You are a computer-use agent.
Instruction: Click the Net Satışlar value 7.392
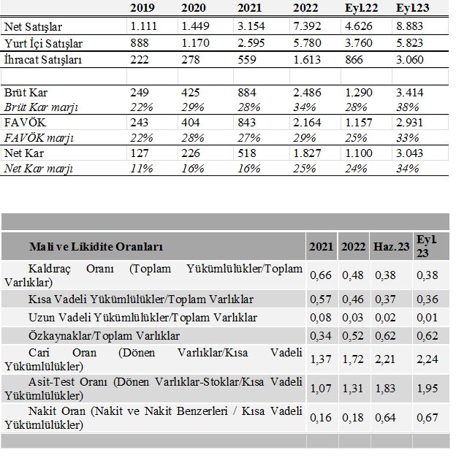coord(307,26)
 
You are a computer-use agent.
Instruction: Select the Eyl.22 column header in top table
coord(361,8)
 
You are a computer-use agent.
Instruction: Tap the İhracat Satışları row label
coord(43,60)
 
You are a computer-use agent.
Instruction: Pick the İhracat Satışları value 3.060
coord(409,60)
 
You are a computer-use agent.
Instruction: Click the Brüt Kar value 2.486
coord(307,93)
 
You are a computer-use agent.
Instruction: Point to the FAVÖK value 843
coord(247,123)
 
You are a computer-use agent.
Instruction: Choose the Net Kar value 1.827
coord(307,153)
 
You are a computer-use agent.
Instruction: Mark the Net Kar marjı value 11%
coord(142,169)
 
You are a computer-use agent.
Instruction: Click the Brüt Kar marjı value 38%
coord(408,107)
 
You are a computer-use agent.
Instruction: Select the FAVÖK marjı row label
coord(39,137)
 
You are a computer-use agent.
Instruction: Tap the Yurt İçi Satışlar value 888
coord(140,43)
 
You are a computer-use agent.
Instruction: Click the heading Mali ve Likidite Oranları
coord(96,247)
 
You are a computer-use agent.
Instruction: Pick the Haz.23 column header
coord(391,247)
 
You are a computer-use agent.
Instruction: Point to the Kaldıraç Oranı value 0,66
coord(321,275)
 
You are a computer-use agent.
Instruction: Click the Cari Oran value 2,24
coord(427,359)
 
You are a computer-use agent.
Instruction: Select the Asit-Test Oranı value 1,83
coord(385,389)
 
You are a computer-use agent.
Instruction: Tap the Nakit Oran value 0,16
coord(321,418)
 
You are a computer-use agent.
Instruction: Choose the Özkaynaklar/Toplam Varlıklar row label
coord(104,336)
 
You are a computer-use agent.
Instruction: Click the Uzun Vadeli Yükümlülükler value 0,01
coord(427,318)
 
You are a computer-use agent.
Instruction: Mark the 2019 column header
coord(142,8)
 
